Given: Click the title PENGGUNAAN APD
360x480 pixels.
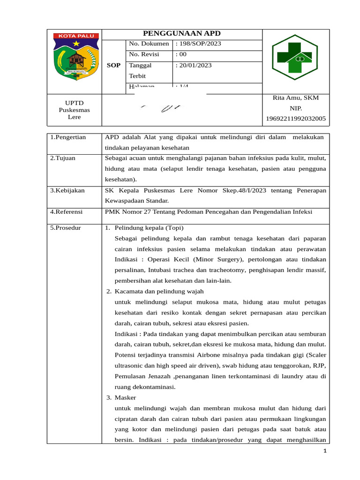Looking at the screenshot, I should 181,34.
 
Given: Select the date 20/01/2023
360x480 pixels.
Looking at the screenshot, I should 193,66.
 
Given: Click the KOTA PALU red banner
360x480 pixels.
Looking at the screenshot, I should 75,36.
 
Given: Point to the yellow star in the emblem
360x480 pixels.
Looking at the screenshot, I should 76,44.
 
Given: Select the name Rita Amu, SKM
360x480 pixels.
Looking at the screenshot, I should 295,98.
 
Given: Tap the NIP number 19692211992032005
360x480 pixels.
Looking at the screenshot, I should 295,119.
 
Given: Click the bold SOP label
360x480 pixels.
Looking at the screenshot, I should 113,66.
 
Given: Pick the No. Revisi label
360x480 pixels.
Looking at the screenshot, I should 144,55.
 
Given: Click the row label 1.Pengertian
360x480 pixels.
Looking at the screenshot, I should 68,137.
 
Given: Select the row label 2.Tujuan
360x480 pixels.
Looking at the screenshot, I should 63,158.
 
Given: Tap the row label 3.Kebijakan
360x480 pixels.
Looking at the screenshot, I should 67,190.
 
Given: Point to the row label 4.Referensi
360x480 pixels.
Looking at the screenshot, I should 66,212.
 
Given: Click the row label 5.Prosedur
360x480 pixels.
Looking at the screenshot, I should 66,228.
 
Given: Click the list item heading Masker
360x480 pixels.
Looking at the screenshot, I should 125,397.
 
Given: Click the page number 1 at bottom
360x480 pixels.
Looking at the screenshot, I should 324,451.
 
